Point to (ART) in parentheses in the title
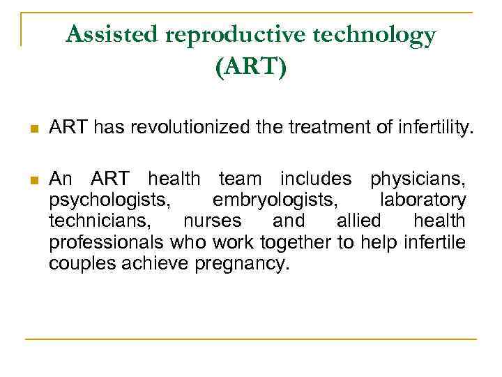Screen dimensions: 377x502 (x=251, y=68)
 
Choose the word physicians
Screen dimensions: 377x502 (x=418, y=179)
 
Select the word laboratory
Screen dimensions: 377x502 (x=423, y=200)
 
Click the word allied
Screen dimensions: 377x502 (x=359, y=221)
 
